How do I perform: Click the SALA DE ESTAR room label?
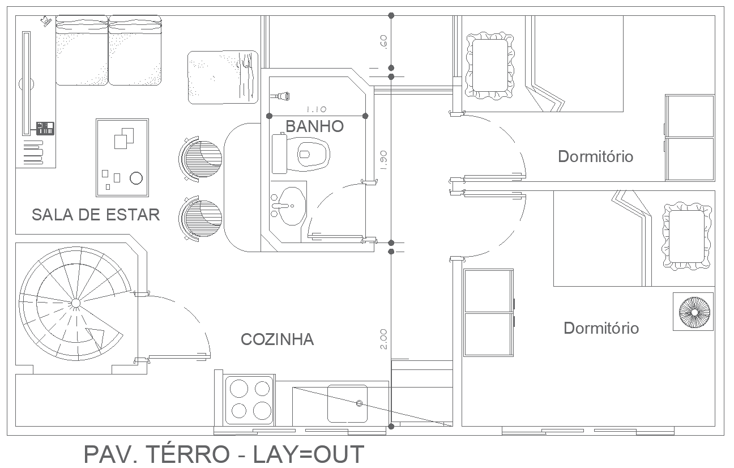[95, 215]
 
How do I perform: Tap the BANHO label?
[314, 126]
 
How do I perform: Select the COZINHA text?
[277, 339]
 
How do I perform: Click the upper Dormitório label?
[595, 156]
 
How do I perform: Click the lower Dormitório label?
[601, 328]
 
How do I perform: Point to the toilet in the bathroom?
[306, 154]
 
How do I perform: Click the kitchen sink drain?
[359, 403]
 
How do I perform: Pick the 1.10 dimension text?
[316, 109]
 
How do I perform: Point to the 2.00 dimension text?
[383, 339]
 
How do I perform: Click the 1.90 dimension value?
[383, 161]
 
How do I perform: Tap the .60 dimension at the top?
[383, 42]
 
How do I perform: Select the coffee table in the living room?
[122, 158]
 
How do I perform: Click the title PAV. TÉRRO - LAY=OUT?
[224, 455]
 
